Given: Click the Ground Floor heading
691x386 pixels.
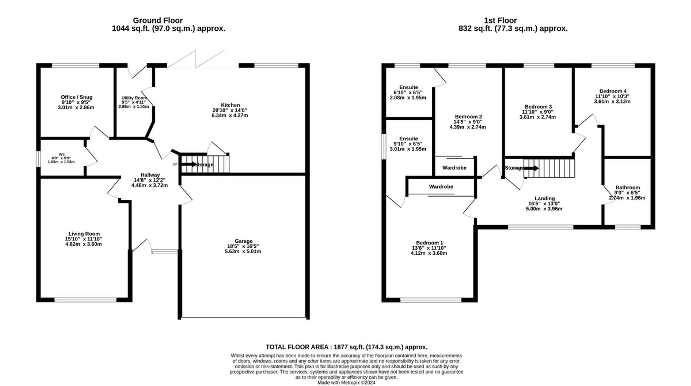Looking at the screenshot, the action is (158, 20).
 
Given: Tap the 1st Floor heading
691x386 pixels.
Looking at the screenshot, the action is (500, 20).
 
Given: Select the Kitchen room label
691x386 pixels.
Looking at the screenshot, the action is (230, 105).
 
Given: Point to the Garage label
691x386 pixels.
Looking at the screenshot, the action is (243, 241).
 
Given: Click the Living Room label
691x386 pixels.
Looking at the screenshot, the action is (84, 234).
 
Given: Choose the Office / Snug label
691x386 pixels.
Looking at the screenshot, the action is (76, 97).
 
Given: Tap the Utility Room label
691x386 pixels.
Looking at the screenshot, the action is (134, 98).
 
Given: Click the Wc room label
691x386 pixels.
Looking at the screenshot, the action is (61, 154).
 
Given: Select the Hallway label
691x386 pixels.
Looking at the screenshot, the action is (150, 175).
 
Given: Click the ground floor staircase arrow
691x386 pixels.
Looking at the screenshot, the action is (188, 164).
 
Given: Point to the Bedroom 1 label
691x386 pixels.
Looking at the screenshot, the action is (429, 243).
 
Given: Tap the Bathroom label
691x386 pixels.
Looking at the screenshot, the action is (627, 187).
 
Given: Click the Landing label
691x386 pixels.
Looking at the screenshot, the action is (545, 198).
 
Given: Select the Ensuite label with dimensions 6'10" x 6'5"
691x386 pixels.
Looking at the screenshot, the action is (408, 87).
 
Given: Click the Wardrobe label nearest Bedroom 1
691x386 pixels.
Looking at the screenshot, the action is (441, 187).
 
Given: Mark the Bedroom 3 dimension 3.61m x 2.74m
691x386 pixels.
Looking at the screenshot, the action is (537, 117).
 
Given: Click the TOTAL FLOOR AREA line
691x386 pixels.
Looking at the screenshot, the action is (346, 347).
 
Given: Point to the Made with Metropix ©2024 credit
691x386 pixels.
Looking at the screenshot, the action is (346, 383).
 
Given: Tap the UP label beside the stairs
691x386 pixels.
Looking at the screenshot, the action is (175, 164).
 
